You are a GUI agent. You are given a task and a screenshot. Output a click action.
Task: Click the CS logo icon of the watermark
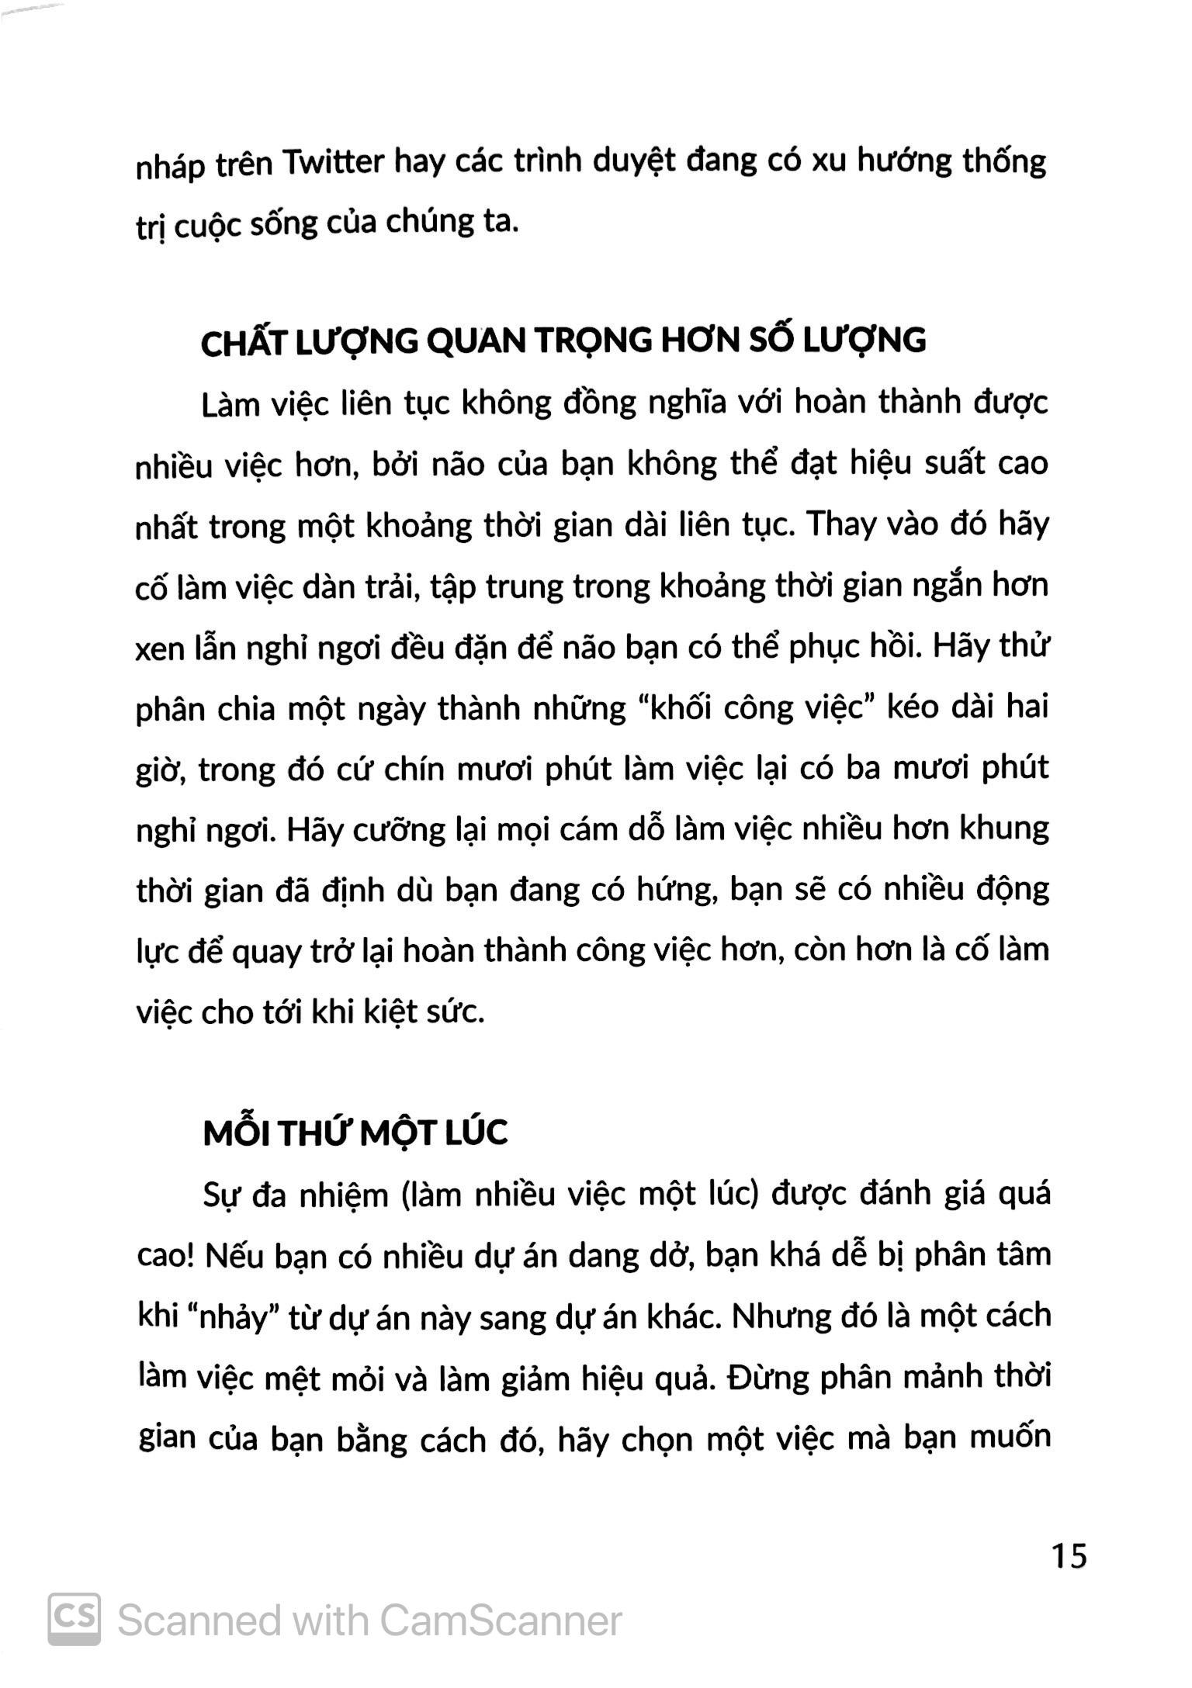click(x=74, y=1619)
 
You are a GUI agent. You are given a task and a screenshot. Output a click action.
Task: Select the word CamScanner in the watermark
click(x=501, y=1621)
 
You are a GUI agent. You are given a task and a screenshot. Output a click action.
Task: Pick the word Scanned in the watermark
click(x=198, y=1621)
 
